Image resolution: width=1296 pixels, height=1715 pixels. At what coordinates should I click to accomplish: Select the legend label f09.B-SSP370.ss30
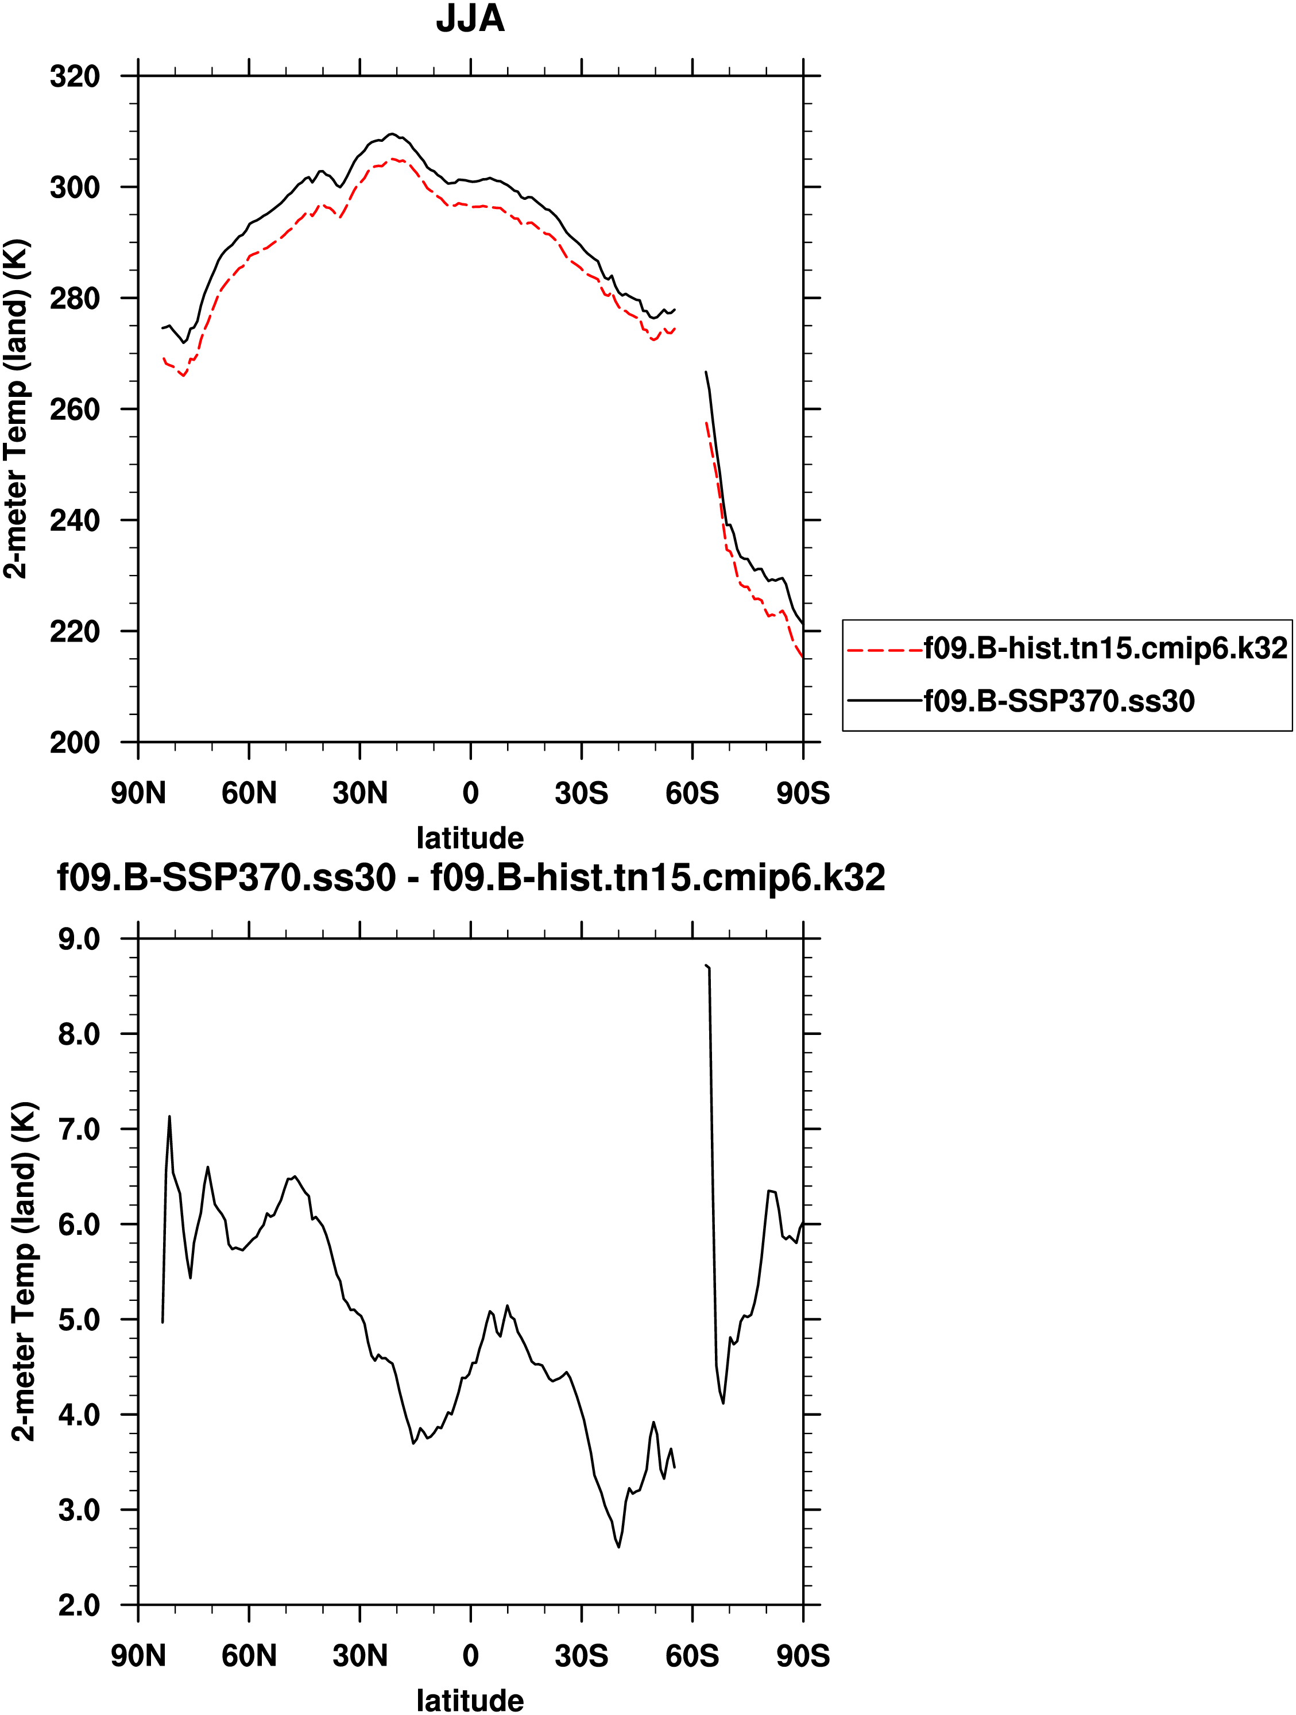tap(1059, 701)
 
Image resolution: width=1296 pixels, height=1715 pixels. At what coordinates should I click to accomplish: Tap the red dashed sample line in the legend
tap(884, 649)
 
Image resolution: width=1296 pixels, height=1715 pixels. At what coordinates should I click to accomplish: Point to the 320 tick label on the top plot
tap(75, 77)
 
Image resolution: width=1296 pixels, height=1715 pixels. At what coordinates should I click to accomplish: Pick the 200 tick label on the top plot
tap(75, 743)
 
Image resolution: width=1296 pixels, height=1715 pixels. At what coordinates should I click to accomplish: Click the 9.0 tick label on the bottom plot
tap(79, 940)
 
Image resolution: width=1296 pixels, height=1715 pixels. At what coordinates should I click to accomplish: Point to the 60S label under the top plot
tap(692, 793)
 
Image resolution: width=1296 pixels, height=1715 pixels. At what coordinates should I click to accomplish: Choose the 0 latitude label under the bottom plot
tap(470, 1656)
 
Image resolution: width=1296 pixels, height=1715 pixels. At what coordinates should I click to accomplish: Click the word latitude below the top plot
tap(470, 838)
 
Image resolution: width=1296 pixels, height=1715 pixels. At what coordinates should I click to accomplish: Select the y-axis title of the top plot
tap(17, 408)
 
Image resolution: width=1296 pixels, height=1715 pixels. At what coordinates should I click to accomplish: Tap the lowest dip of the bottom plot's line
tap(618, 1547)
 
